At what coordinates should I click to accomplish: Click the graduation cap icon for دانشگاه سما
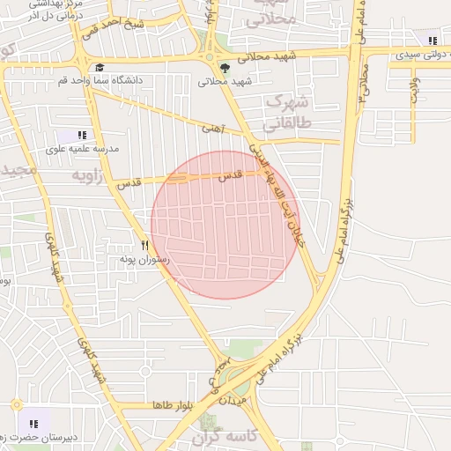100,68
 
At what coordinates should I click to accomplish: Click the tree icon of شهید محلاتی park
225,68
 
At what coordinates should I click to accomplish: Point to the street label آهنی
213,129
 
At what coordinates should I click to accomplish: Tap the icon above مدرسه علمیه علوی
82,135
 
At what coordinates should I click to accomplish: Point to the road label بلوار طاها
172,405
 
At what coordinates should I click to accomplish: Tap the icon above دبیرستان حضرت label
33,424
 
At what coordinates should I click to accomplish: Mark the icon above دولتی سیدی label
432,40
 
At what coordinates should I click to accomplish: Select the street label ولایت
414,89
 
